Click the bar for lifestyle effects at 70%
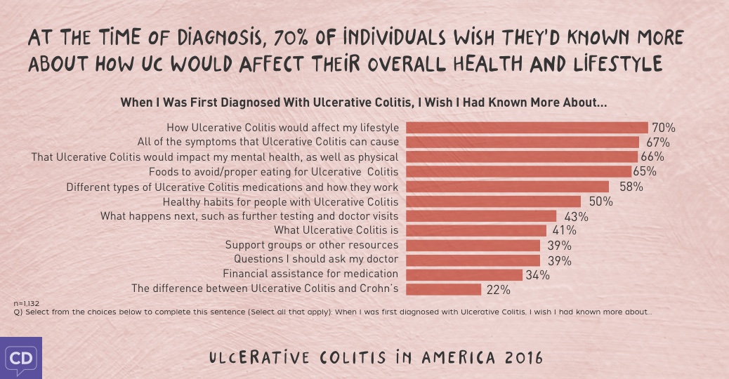point(527,128)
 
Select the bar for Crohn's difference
point(443,289)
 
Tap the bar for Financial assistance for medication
point(464,274)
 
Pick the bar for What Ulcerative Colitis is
point(476,230)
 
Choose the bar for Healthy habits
point(493,201)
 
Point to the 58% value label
point(631,187)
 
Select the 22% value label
point(498,289)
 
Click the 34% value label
point(537,275)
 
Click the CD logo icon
point(20,358)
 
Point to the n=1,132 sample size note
point(27,303)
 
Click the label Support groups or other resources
point(311,245)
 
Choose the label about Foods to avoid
point(273,171)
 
